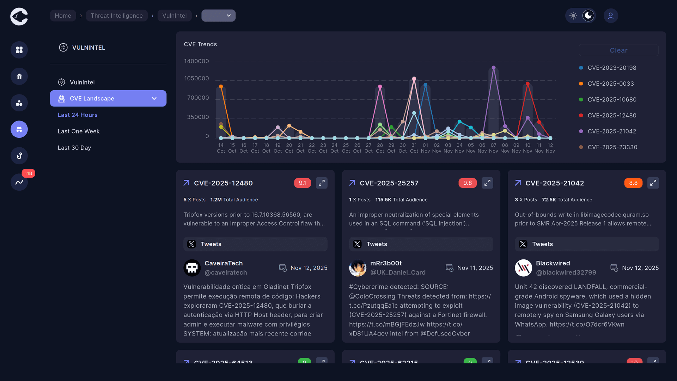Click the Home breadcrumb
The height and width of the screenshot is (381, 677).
pos(63,16)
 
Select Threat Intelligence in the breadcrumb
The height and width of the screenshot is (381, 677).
pos(117,16)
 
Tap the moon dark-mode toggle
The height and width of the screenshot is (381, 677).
pos(588,16)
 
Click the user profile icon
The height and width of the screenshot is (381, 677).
pos(611,16)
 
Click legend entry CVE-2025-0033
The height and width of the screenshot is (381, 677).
pos(610,84)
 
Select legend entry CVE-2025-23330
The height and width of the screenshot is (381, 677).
pos(612,147)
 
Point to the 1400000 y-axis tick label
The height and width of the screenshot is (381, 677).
pos(196,61)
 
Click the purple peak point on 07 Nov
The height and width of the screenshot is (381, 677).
pos(494,68)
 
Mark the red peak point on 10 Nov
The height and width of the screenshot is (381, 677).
pos(527,84)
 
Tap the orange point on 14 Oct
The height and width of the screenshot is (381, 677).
pos(221,86)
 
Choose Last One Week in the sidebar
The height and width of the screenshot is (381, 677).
pos(79,131)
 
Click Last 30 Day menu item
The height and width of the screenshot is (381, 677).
pos(74,148)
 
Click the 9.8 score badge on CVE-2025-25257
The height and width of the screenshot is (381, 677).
pos(467,183)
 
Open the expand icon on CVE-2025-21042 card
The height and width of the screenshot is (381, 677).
pos(653,183)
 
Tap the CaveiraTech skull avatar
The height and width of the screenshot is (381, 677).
pos(192,268)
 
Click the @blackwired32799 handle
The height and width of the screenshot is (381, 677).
pos(566,272)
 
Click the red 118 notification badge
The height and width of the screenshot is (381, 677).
pos(28,173)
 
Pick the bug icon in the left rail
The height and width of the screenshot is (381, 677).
pos(19,76)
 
